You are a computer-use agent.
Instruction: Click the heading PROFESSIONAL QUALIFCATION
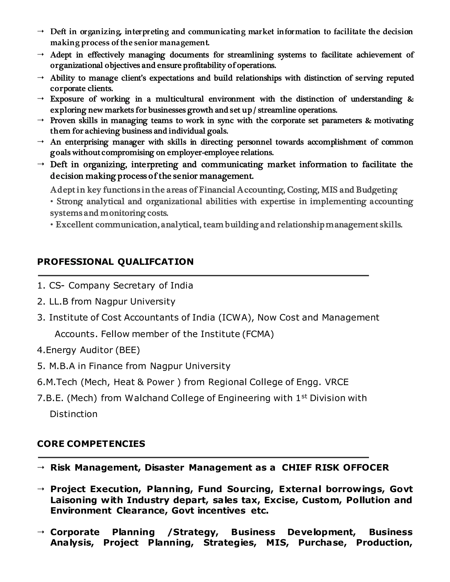pos(115,262)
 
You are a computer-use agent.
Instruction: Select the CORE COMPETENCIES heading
pos(91,444)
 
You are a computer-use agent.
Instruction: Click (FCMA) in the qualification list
pos(258,334)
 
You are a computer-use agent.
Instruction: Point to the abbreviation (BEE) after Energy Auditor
pos(127,350)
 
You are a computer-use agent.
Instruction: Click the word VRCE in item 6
pos(336,382)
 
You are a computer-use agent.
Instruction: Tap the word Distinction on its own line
pos(74,414)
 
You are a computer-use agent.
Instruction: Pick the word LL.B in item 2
pos(59,302)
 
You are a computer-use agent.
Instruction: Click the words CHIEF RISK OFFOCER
pos(335,468)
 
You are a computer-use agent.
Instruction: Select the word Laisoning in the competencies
pos(73,500)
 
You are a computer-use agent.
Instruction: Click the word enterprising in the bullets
pos(87,142)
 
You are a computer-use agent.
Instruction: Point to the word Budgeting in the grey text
pos(376,190)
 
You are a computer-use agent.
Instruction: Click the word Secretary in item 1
pos(134,286)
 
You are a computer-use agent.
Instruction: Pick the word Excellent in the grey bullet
pos(74,225)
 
